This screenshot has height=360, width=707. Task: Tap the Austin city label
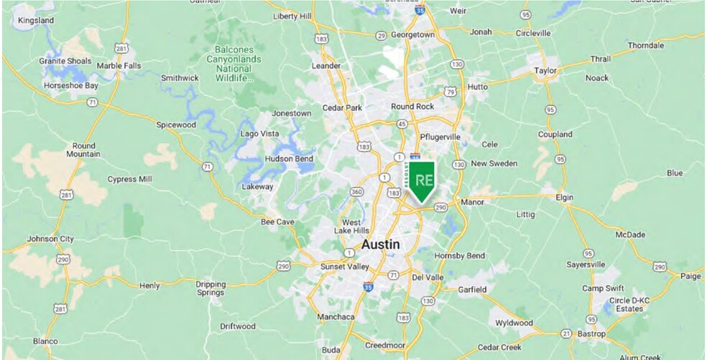(381, 244)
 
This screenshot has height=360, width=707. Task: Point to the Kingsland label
(35, 21)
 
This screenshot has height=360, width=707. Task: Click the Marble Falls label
(119, 66)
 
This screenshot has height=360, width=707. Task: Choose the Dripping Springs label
(211, 289)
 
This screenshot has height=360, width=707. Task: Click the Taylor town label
(546, 70)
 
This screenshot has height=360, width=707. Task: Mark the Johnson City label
(50, 239)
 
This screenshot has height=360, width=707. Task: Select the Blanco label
(44, 341)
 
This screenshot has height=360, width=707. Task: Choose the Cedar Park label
(342, 108)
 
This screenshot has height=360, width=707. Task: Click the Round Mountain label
(83, 149)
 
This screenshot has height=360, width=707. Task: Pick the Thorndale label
(646, 45)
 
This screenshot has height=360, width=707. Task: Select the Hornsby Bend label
(460, 256)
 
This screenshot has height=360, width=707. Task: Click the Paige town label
(690, 276)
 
